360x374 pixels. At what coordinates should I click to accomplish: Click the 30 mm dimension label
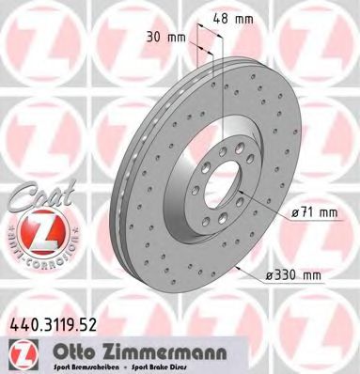[177, 37]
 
